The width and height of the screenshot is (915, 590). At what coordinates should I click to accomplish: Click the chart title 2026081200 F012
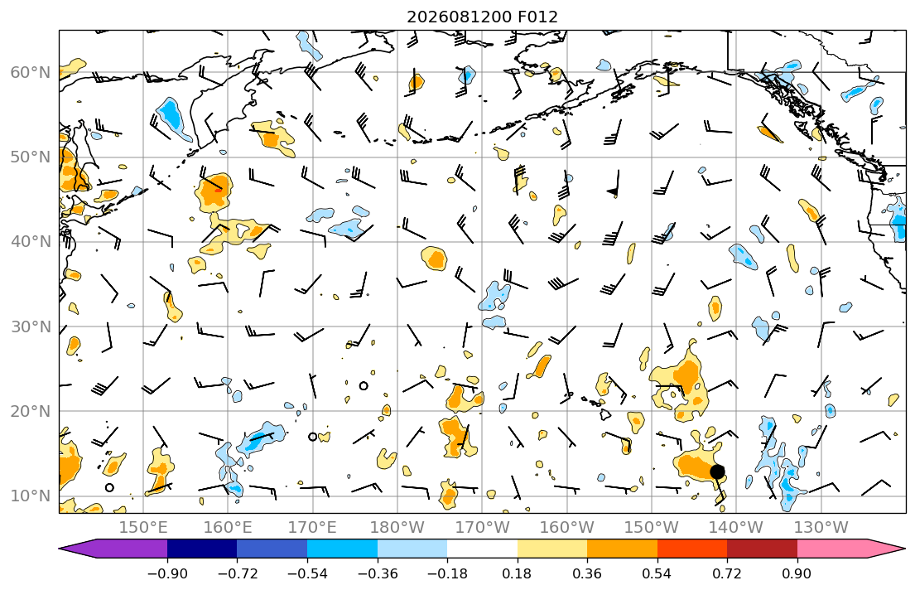coord(482,17)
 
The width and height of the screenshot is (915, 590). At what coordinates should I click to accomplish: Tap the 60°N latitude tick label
coord(31,72)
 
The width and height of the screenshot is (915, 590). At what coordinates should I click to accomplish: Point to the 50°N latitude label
coord(31,157)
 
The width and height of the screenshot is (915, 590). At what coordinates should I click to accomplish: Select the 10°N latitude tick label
coord(31,496)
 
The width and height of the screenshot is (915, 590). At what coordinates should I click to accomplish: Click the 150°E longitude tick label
coord(143,528)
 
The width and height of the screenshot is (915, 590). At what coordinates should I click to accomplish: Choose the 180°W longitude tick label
coord(397,528)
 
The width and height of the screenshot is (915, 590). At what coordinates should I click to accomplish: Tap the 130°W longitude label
coord(821,528)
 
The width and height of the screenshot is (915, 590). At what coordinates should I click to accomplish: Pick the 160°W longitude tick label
coord(566,528)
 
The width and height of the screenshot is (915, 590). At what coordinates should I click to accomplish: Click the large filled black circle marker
coord(717,472)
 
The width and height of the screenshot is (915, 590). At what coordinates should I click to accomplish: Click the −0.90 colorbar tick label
coord(167,573)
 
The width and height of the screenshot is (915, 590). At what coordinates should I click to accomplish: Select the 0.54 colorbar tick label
coord(657,573)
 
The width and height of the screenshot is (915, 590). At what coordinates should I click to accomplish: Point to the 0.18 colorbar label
coord(517,573)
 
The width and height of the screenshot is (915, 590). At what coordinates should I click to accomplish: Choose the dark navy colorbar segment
coord(202,549)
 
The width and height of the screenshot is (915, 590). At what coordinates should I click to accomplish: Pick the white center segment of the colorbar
coord(482,549)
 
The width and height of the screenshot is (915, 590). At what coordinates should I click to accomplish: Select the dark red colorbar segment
coord(762,549)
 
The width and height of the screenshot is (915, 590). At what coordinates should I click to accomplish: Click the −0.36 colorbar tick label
coord(378,573)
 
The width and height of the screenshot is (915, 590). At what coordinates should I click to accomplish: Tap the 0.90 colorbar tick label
coord(797,573)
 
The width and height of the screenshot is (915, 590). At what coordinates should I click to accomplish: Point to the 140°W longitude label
coord(736,528)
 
